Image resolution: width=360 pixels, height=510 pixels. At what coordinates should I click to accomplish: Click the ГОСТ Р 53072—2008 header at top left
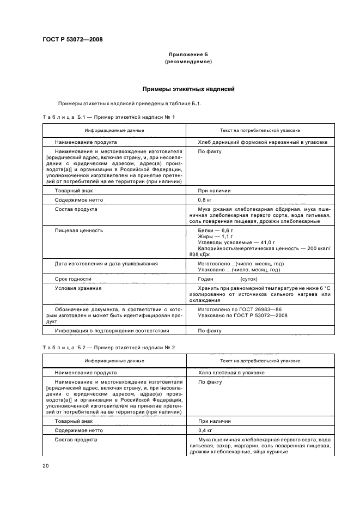pyautogui.click(x=72, y=40)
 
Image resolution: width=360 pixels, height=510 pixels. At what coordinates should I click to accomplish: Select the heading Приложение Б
pyautogui.click(x=188, y=55)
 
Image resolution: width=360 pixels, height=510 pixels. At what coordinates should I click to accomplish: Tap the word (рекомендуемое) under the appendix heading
pyautogui.click(x=188, y=62)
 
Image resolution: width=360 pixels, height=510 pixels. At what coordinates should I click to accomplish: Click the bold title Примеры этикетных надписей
pyautogui.click(x=188, y=89)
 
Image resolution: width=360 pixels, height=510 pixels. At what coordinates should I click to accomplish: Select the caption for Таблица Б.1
pyautogui.click(x=108, y=117)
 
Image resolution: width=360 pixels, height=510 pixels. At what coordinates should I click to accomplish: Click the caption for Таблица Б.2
pyautogui.click(x=108, y=347)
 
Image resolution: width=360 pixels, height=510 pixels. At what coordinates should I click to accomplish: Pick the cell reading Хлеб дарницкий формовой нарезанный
pyautogui.click(x=263, y=142)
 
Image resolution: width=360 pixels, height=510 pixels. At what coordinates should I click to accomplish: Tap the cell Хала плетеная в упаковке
pyautogui.click(x=231, y=373)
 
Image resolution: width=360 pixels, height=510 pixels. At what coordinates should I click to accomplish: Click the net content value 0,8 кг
pyautogui.click(x=206, y=200)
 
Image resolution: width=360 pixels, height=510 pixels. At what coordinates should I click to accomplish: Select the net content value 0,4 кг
pyautogui.click(x=206, y=430)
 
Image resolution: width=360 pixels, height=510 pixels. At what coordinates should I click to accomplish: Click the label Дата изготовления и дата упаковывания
pyautogui.click(x=106, y=264)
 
